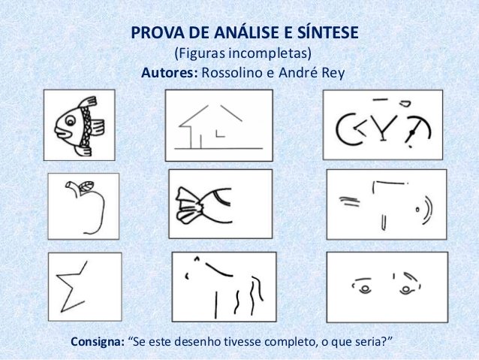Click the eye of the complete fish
70,120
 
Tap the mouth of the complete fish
61,133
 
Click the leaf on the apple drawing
86,186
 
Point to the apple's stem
72,186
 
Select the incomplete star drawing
70,286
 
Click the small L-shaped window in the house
220,134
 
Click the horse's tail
258,288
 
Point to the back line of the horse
218,269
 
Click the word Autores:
170,73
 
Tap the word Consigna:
98,342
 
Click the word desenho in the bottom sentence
197,342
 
